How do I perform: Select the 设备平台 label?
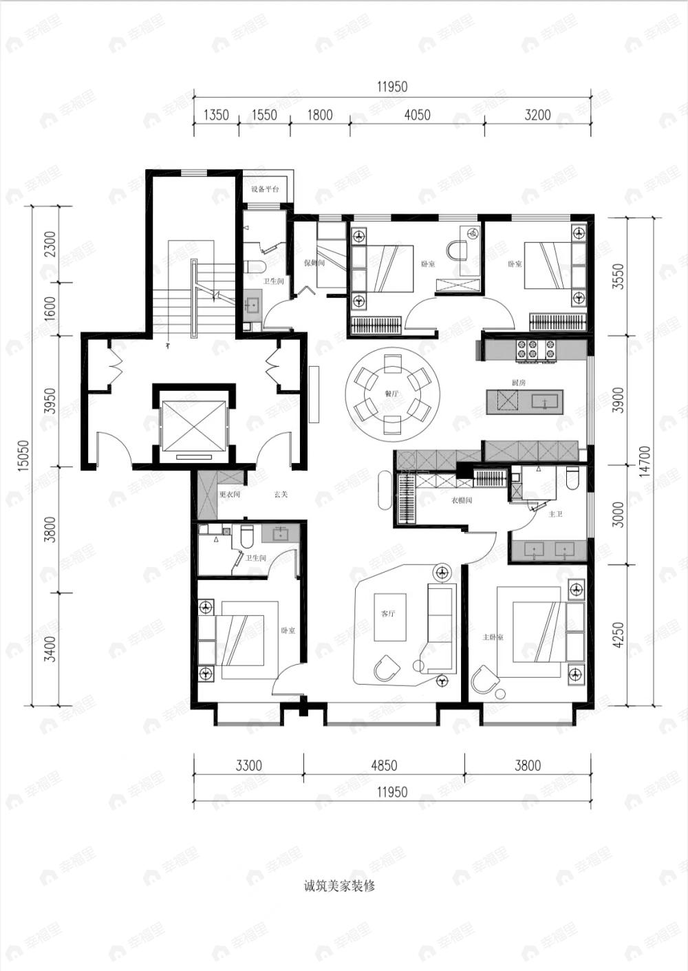point(265,189)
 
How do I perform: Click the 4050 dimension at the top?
point(417,115)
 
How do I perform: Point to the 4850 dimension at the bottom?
point(384,765)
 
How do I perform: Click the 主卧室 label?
point(493,637)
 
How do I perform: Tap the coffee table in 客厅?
point(389,617)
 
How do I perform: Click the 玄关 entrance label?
point(281,494)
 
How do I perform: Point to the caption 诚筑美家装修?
point(339,886)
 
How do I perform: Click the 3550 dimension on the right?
point(618,276)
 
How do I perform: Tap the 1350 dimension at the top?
point(216,115)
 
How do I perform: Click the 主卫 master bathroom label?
point(555,513)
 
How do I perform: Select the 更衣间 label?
point(229,494)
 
